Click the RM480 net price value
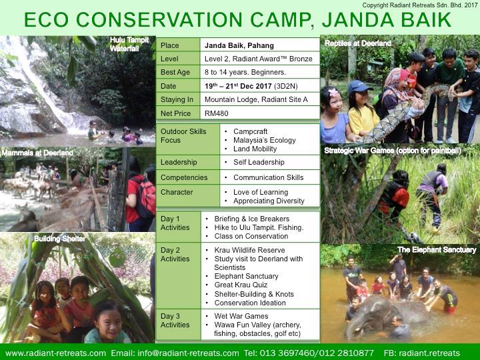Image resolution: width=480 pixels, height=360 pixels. [217, 113]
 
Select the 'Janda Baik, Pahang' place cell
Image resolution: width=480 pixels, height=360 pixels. [239, 45]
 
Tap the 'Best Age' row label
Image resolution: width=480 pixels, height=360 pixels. [175, 72]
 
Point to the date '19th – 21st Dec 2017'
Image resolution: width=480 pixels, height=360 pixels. [238, 86]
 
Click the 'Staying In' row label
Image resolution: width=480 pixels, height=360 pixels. [177, 99]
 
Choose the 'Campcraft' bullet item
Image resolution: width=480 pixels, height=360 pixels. [251, 131]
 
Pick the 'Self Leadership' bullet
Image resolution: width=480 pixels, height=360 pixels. [259, 162]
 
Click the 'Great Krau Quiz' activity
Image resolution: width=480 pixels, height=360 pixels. [241, 285]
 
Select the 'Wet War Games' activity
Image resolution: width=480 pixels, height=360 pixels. [241, 316]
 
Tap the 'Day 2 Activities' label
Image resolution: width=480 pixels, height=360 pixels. [175, 255]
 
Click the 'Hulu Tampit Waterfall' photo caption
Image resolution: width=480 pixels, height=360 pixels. [129, 44]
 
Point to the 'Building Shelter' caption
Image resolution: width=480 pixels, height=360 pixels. [60, 239]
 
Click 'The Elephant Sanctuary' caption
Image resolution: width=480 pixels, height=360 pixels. [437, 250]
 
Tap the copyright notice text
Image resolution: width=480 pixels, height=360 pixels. [420, 5]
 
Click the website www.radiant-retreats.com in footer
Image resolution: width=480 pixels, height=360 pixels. [56, 353]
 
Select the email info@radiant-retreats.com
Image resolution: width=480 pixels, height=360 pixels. [188, 353]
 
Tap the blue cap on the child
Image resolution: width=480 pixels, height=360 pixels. [359, 86]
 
